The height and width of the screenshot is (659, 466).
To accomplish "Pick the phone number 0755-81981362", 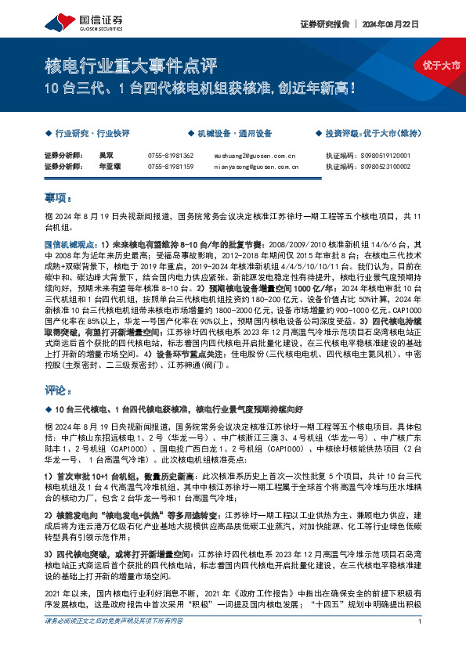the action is point(170,156).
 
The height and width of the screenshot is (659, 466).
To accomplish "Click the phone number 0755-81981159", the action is point(170,167).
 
